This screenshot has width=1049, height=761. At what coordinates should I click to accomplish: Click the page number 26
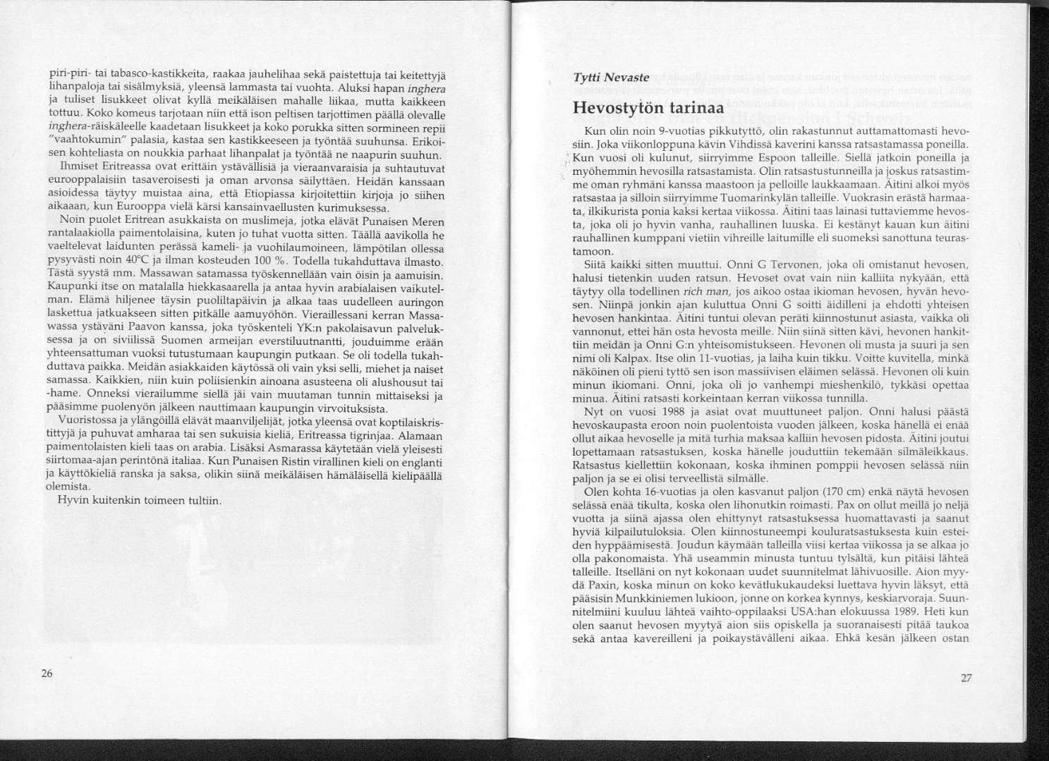pyautogui.click(x=47, y=673)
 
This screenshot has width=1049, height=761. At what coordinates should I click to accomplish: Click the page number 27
pyautogui.click(x=966, y=678)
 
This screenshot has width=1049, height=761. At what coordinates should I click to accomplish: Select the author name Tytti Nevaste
pyautogui.click(x=611, y=78)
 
